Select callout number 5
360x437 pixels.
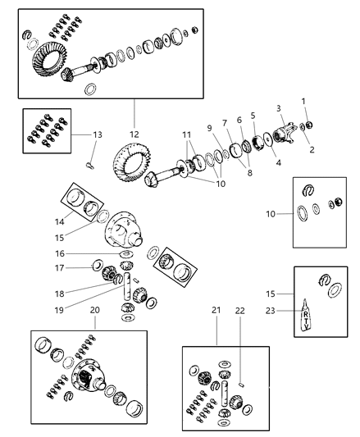253,116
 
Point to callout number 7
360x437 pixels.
225,123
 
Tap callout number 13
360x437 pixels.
98,134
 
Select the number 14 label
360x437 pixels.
57,221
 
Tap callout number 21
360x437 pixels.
216,335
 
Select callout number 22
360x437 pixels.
241,335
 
